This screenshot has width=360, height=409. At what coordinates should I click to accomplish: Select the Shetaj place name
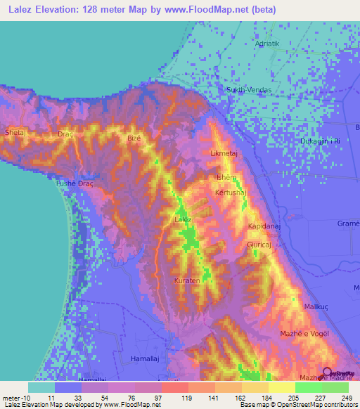(15, 132)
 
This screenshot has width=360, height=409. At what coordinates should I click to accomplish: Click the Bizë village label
(134, 138)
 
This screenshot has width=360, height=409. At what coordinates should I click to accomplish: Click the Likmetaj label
(226, 152)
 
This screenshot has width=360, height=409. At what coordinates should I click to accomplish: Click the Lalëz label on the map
(183, 220)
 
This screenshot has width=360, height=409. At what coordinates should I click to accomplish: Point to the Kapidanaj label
(265, 226)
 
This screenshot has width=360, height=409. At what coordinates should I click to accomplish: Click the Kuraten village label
(188, 280)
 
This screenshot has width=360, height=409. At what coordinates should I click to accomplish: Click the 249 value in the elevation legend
(343, 398)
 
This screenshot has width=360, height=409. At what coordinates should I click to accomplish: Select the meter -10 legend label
(15, 398)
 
